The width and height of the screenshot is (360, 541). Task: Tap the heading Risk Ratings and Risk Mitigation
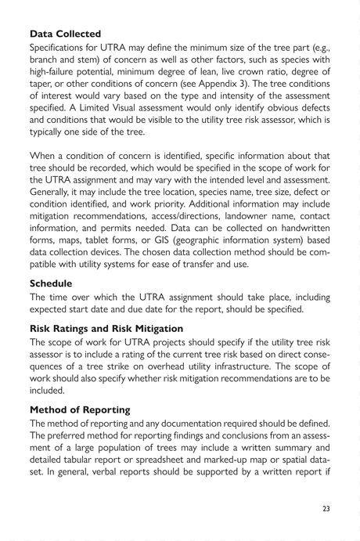tap(106, 329)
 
